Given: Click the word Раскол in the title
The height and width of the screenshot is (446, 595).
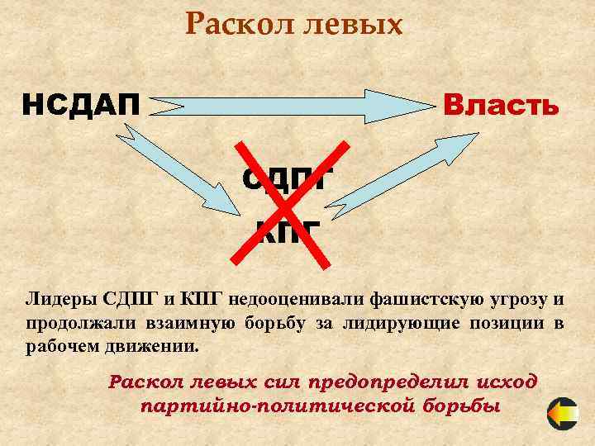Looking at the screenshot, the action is click(231, 24).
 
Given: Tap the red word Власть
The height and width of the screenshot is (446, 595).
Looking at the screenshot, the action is click(501, 107).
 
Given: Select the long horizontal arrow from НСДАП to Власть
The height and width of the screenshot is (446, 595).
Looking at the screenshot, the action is click(293, 107).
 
